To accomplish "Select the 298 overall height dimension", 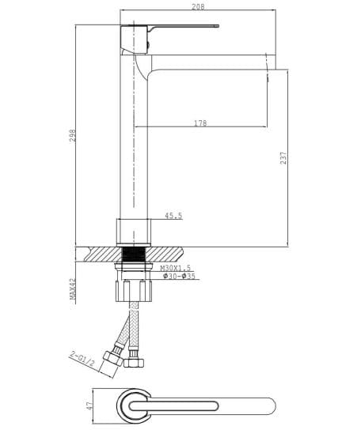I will [71, 134].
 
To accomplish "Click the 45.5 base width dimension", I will [173, 216].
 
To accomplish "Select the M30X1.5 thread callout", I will [176, 269].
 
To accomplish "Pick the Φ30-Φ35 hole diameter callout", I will [178, 277].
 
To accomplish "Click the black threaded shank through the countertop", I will [133, 255].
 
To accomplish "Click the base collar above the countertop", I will [134, 231].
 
